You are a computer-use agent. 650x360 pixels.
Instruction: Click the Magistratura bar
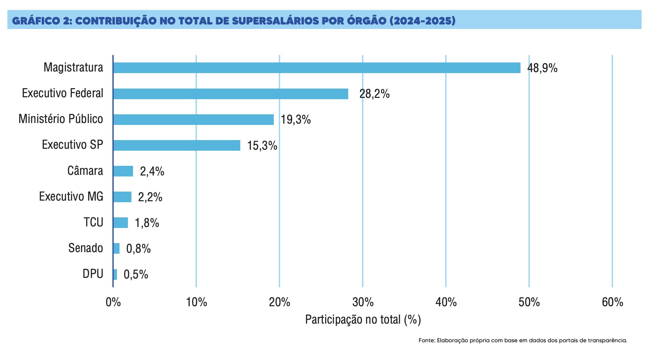pos(317,68)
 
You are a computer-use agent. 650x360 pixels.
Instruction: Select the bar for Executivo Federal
pos(231,94)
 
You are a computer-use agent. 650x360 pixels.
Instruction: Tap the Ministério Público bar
pos(193,119)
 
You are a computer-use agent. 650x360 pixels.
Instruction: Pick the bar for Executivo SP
pos(177,145)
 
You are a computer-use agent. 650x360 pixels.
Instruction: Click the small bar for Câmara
pos(123,171)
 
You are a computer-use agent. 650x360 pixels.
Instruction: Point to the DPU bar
pos(115,274)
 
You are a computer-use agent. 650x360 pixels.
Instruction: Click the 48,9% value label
pos(542,68)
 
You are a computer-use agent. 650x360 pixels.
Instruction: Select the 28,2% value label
pos(374,94)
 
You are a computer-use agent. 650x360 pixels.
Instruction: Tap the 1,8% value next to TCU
pos(147,223)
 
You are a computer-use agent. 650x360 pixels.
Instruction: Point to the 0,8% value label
pos(139,249)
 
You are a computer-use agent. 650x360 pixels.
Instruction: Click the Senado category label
pos(86,248)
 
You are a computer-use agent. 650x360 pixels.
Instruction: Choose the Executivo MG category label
pos(71,196)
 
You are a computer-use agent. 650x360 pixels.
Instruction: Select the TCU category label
pos(93,222)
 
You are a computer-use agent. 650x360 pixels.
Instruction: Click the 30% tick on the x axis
pos(363,302)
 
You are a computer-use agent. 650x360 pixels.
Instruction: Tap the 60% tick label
pos(612,302)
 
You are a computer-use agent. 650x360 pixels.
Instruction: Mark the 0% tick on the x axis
pos(113,302)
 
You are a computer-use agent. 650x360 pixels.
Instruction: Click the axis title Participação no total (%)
pos(363,319)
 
